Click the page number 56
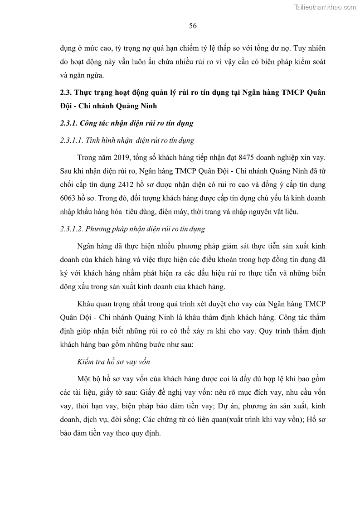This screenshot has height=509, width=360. (x=193, y=26)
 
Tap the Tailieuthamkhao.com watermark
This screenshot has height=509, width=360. (x=326, y=7)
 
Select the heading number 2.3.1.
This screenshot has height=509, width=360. (x=70, y=123)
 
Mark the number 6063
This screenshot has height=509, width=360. (x=68, y=199)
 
